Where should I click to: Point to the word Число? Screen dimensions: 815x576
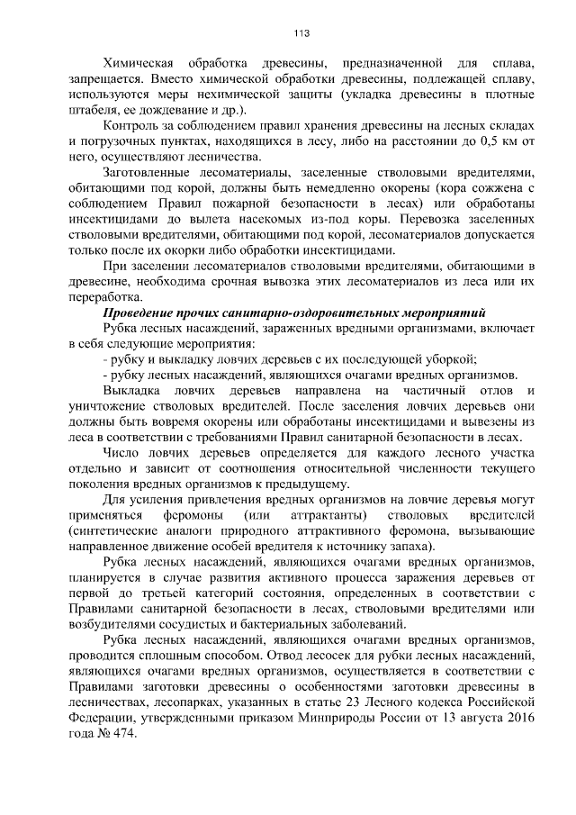[122, 453]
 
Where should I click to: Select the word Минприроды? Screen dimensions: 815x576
[339, 719]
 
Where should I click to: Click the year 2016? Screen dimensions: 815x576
[523, 719]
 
